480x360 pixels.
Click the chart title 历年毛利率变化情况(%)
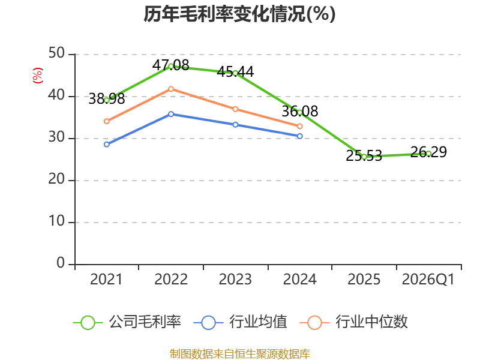tap(239, 14)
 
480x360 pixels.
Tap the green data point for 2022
tap(171, 67)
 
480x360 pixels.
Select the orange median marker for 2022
tap(171, 89)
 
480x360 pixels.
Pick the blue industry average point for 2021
tap(107, 145)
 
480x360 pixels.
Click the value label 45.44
tap(235, 72)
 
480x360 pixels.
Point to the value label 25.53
tap(364, 156)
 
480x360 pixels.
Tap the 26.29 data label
tap(428, 152)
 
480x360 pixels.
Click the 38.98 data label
tap(107, 99)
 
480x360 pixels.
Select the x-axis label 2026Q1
tap(428, 280)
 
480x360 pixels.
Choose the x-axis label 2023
tap(235, 280)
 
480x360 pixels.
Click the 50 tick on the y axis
tap(56, 53)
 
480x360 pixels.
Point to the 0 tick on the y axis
tap(61, 263)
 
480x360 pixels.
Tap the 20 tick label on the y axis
tap(56, 179)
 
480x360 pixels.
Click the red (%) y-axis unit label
tap(38, 76)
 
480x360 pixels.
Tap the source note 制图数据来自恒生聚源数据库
tap(239, 354)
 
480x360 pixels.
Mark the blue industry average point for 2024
tap(299, 136)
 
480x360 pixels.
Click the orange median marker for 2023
tap(235, 109)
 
